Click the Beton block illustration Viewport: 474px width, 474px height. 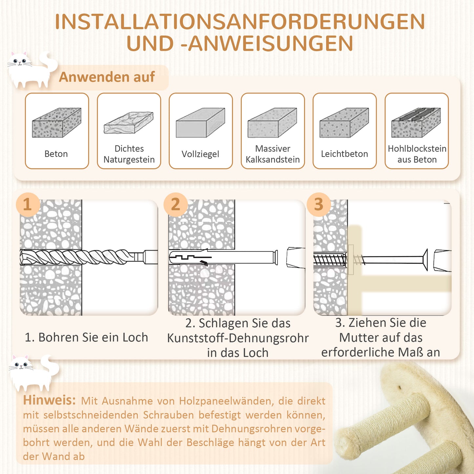(x=56, y=122)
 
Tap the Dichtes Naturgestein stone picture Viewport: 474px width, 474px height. (x=129, y=123)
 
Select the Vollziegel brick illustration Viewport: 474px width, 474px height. (x=200, y=122)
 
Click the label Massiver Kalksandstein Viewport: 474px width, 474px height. (x=273, y=154)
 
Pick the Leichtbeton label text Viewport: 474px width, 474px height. (x=344, y=154)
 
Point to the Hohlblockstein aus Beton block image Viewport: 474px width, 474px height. (x=416, y=122)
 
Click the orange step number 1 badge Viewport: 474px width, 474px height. (x=28, y=204)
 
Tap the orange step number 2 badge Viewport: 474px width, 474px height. (x=175, y=204)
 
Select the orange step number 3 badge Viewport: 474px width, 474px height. (x=319, y=204)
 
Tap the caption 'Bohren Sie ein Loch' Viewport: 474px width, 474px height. (x=87, y=338)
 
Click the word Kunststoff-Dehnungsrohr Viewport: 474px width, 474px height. (x=238, y=338)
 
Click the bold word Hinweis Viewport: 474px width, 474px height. (x=49, y=400)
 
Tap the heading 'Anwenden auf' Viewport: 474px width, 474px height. (x=107, y=77)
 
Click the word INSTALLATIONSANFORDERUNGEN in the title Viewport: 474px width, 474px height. (x=240, y=22)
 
